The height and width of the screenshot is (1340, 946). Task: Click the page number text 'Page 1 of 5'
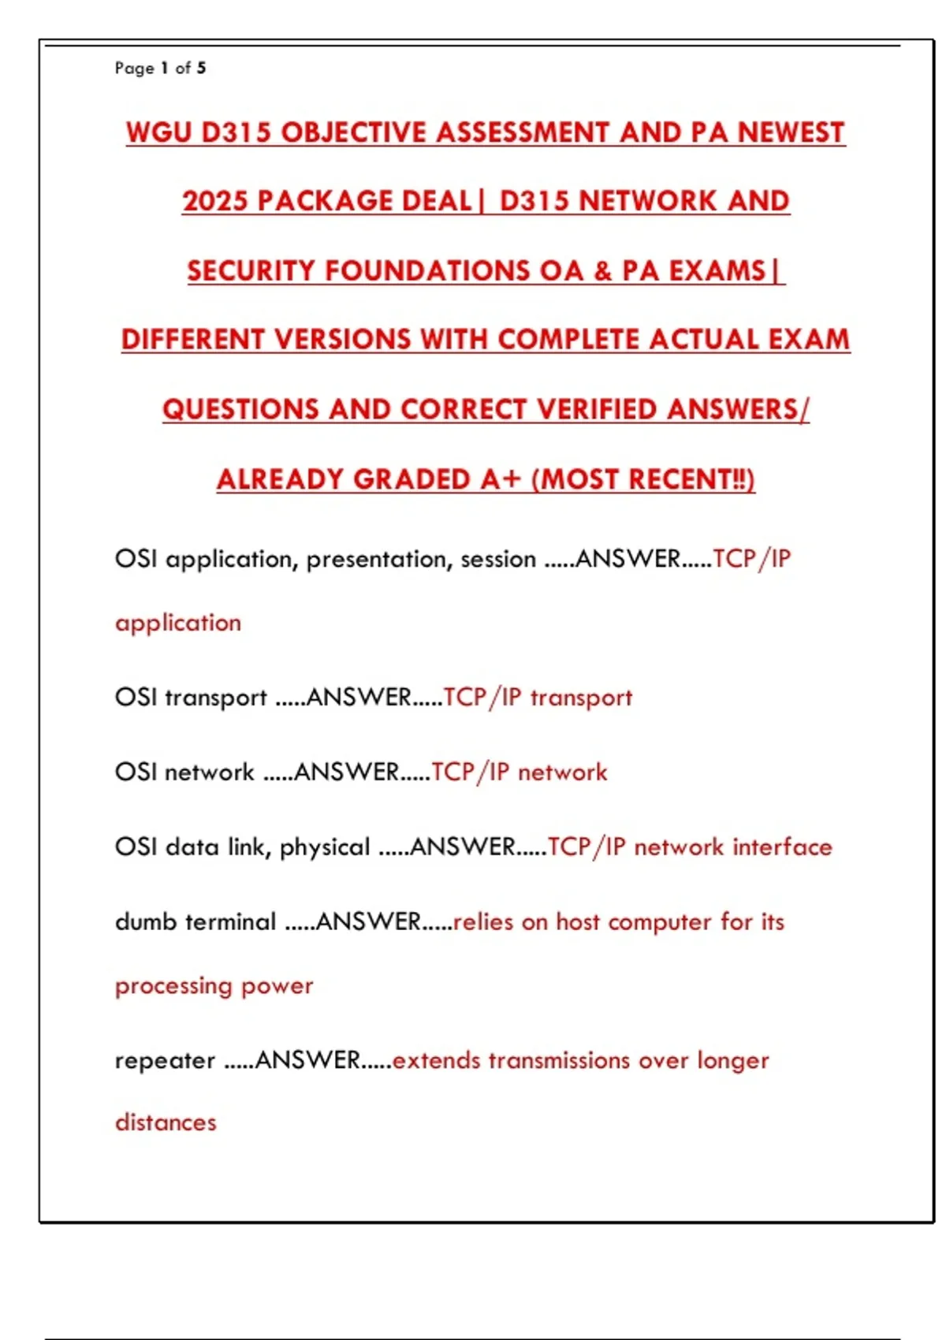coord(160,68)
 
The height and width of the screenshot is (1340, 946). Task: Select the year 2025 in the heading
coord(215,202)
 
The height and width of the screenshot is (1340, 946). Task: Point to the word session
coord(498,560)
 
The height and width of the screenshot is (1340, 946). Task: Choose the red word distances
coord(166,1122)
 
